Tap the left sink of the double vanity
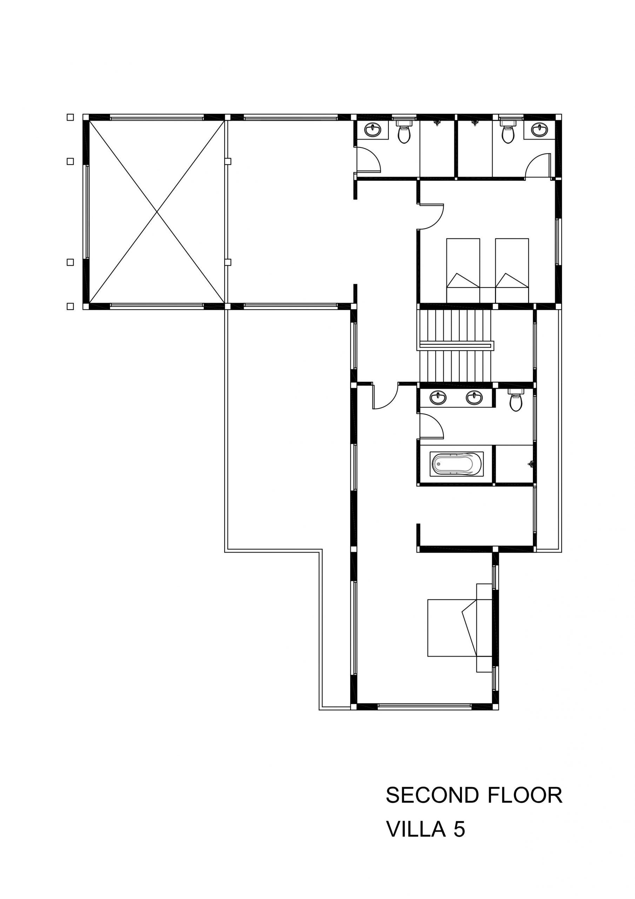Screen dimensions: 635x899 point(438,398)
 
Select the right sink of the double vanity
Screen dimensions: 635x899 point(474,398)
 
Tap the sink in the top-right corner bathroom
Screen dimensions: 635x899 point(540,130)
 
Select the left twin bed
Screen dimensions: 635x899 point(463,270)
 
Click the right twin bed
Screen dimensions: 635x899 point(512,270)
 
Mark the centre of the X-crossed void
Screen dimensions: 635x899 point(157,211)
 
